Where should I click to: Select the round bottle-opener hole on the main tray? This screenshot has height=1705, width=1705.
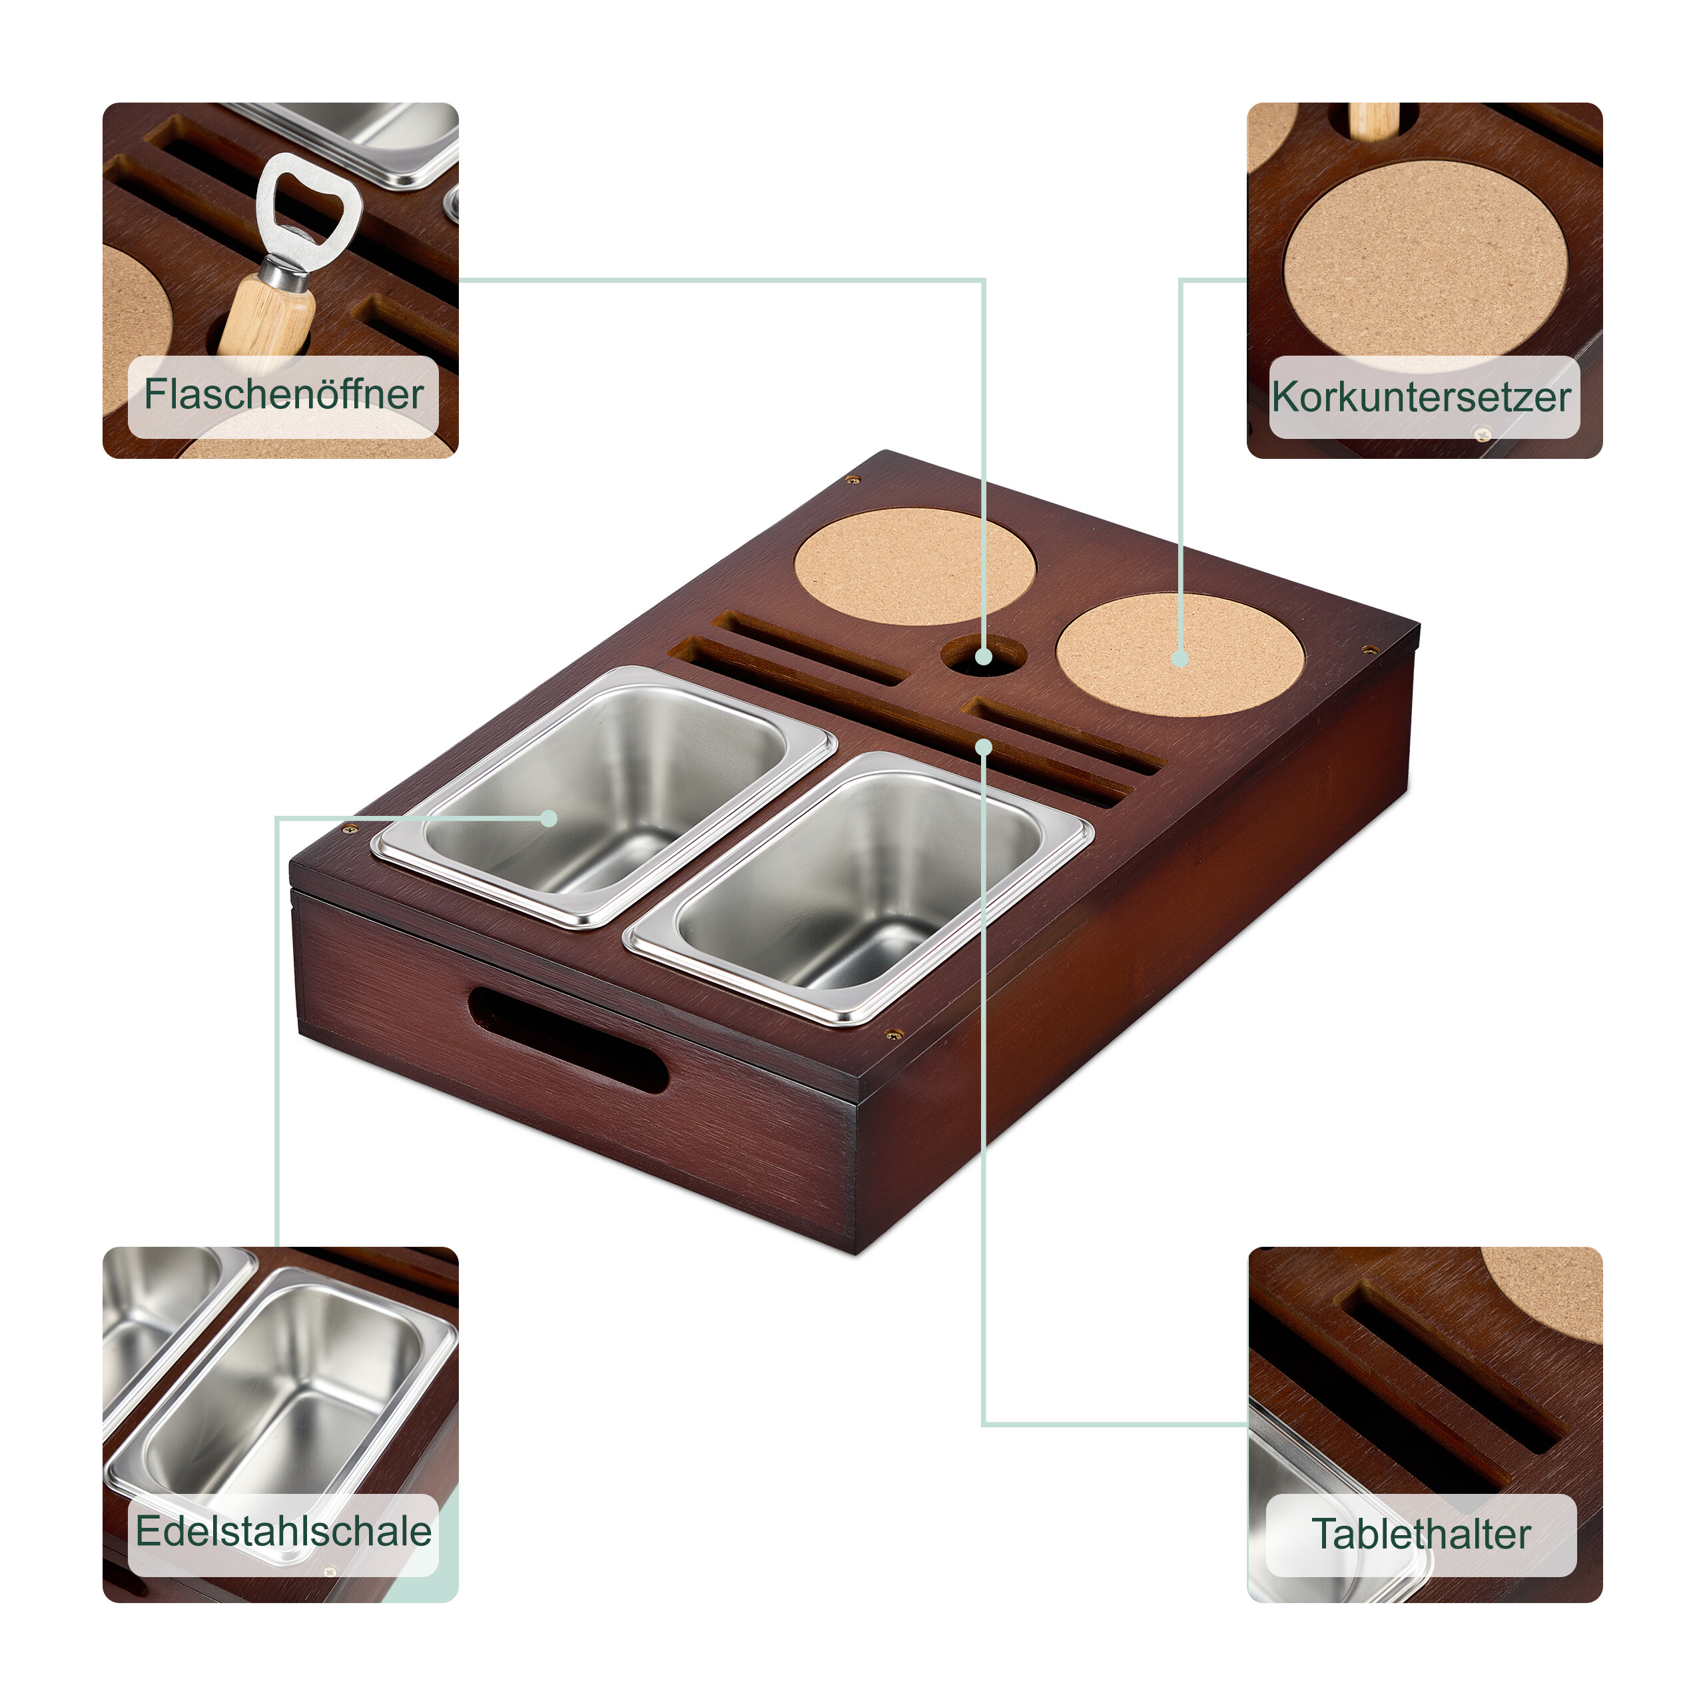983,655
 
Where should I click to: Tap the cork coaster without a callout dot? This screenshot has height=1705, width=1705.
915,565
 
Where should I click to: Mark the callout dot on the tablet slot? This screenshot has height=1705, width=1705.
984,747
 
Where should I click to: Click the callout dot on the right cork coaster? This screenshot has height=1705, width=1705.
1180,658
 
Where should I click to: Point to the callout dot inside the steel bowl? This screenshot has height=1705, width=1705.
549,818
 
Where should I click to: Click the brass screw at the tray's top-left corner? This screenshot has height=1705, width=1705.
852,480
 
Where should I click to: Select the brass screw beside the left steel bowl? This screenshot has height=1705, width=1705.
350,829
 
